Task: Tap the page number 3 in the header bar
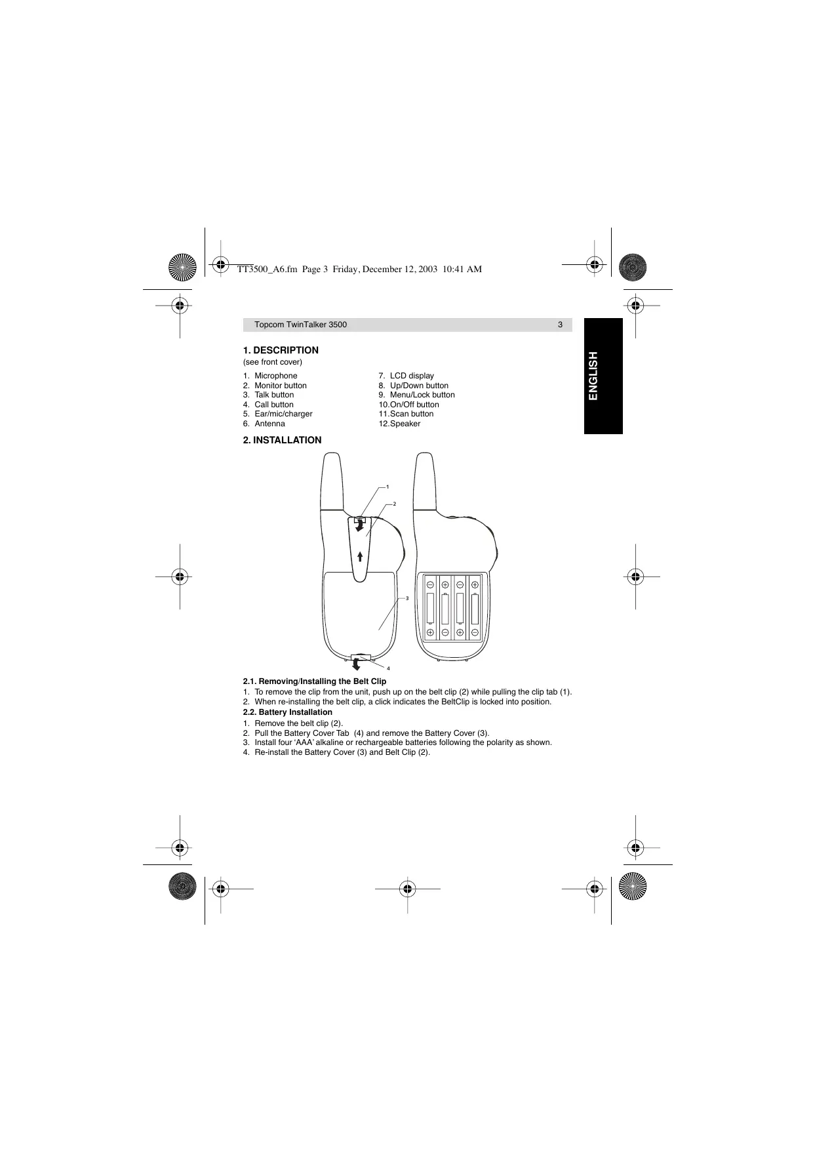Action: [x=560, y=325]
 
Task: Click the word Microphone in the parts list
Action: [x=275, y=376]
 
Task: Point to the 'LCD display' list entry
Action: [x=412, y=376]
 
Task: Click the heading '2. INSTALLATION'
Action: [x=282, y=440]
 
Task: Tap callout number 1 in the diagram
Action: [x=387, y=487]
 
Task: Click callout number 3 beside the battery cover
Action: [x=407, y=598]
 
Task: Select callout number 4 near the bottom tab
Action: [x=388, y=668]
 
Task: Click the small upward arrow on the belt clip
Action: [x=361, y=556]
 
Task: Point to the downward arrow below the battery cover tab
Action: [x=356, y=666]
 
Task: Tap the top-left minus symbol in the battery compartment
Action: [x=430, y=584]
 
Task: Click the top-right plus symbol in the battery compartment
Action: [x=475, y=584]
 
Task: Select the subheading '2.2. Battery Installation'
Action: [x=287, y=712]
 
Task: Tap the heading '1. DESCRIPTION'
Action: [x=281, y=350]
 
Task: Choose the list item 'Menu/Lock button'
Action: [x=422, y=395]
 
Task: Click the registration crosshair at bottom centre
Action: [x=407, y=889]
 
